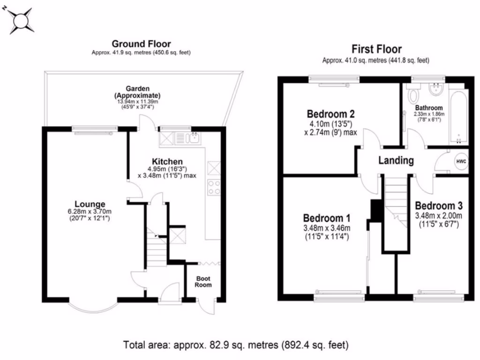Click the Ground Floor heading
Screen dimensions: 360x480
pos(141,44)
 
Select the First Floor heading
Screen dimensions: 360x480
pos(376,49)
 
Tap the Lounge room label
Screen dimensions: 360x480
pos(89,204)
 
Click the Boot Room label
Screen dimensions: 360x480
pos(203,281)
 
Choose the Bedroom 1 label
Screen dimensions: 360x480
pos(327,218)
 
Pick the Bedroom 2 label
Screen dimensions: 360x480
pos(330,114)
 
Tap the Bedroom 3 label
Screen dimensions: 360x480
pos(439,206)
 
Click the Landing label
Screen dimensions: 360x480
pos(396,160)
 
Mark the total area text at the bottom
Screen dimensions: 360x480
pos(236,346)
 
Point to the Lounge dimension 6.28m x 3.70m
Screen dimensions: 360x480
pos(89,212)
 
